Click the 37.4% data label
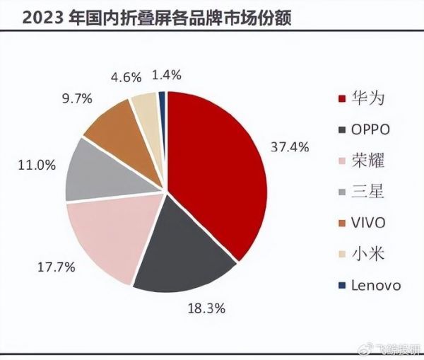(x=290, y=147)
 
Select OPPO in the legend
(x=370, y=129)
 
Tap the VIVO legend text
(x=369, y=223)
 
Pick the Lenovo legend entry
(x=376, y=285)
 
